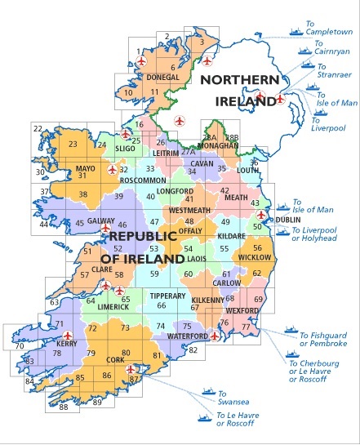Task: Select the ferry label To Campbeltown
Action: tap(330, 32)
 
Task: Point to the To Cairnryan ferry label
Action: tap(331, 47)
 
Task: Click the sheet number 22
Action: tap(38, 129)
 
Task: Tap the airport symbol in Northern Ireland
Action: tap(280, 100)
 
